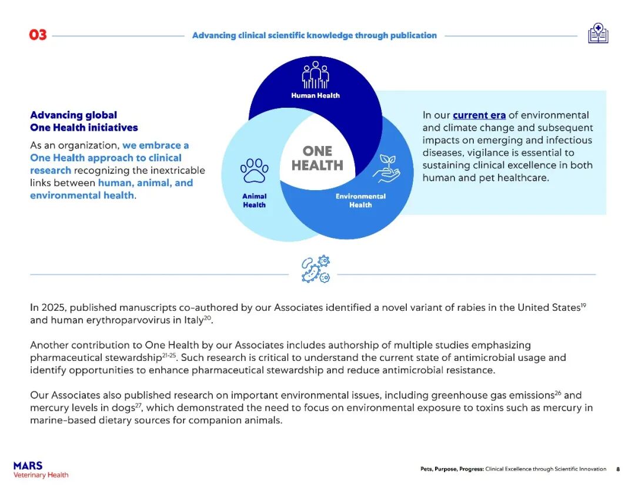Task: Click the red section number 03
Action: (x=38, y=35)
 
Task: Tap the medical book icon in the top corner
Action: (x=598, y=34)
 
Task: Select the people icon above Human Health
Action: (x=315, y=75)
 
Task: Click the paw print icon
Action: (x=254, y=171)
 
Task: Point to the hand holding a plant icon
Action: (x=386, y=168)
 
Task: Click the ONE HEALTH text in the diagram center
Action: (x=317, y=158)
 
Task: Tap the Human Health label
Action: (x=315, y=95)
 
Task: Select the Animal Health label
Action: (x=254, y=201)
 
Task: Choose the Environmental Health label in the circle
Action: (x=360, y=201)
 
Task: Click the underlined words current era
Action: (x=479, y=115)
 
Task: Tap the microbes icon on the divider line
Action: (x=315, y=269)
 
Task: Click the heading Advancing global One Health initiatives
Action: (x=83, y=121)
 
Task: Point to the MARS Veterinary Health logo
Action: (x=41, y=470)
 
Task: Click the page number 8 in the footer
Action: (x=618, y=469)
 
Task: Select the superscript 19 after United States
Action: (x=583, y=305)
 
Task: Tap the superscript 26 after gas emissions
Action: (x=558, y=392)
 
